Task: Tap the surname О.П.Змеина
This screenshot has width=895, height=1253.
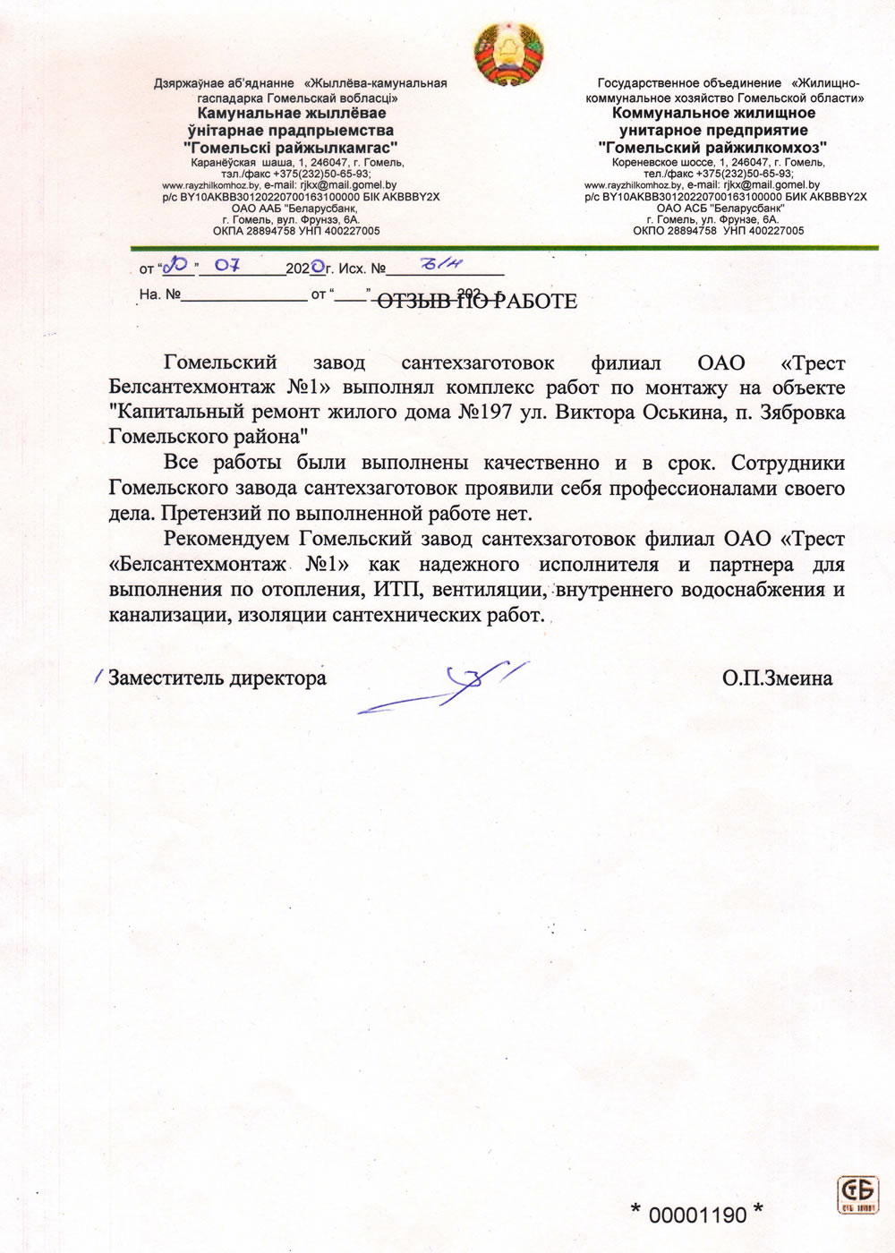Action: pyautogui.click(x=778, y=678)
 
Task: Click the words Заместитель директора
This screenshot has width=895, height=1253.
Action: pyautogui.click(x=217, y=678)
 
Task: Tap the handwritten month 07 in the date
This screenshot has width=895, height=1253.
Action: pyautogui.click(x=220, y=266)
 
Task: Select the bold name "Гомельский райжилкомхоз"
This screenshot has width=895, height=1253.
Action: pyautogui.click(x=712, y=146)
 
